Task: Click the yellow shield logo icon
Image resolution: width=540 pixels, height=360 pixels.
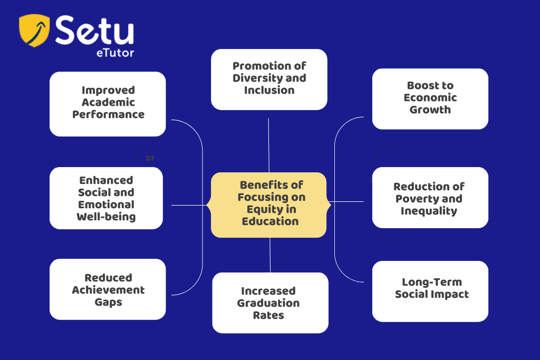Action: click(34, 30)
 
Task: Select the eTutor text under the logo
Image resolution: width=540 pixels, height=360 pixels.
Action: click(115, 53)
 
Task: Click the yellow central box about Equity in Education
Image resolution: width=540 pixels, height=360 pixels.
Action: click(269, 205)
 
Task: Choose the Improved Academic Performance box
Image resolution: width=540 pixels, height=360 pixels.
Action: click(108, 104)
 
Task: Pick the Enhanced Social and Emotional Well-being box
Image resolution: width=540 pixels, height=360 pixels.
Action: click(106, 198)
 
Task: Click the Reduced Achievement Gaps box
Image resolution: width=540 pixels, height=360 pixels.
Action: click(108, 289)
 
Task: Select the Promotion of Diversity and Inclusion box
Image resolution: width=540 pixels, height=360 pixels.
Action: click(269, 80)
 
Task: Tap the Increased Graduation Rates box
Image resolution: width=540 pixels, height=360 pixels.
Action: click(271, 303)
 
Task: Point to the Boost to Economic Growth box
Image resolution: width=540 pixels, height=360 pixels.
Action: click(430, 99)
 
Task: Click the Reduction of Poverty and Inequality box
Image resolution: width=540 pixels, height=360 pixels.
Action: click(430, 198)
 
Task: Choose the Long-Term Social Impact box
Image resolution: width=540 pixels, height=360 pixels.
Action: click(430, 291)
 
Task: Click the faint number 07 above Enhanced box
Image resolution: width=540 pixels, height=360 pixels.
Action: click(150, 158)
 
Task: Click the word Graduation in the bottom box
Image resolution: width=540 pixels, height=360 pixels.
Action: click(268, 303)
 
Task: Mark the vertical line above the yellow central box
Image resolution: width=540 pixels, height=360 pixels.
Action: click(268, 145)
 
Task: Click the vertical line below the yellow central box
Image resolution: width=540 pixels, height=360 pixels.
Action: click(270, 255)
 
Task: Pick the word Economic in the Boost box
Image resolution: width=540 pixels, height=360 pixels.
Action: click(430, 98)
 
